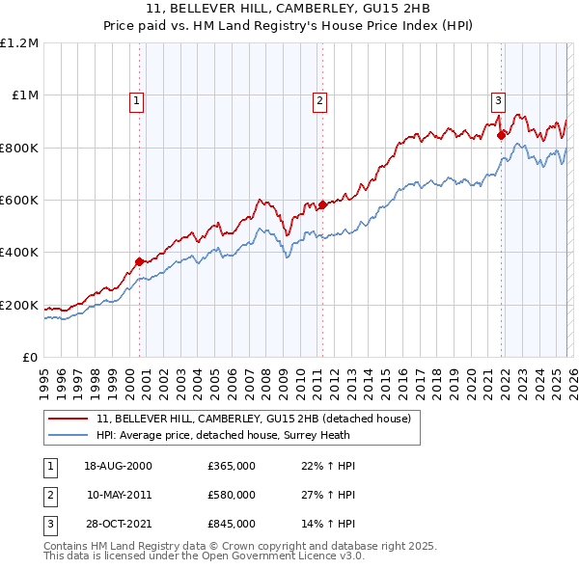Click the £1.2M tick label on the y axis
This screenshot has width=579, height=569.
pyautogui.click(x=18, y=42)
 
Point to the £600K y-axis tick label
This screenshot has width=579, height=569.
pyautogui.click(x=18, y=200)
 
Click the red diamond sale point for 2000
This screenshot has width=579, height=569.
pyautogui.click(x=140, y=261)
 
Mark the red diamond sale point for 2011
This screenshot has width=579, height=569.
pyautogui.click(x=322, y=204)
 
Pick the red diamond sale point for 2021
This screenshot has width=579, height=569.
pyautogui.click(x=501, y=136)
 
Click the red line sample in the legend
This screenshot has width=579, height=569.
pyautogui.click(x=69, y=419)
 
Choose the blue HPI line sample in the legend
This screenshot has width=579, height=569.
pyautogui.click(x=69, y=435)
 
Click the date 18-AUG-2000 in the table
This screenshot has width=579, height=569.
pyautogui.click(x=118, y=466)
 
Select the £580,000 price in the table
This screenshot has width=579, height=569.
pyautogui.click(x=232, y=495)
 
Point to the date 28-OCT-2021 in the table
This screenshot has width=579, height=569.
pyautogui.click(x=118, y=524)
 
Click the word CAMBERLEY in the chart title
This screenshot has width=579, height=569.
pyautogui.click(x=245, y=8)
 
